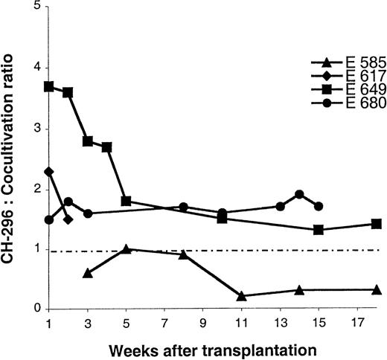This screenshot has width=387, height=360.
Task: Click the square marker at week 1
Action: (x=49, y=86)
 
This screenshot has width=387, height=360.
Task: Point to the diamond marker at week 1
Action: (x=49, y=172)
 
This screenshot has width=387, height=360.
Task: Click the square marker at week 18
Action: (x=377, y=223)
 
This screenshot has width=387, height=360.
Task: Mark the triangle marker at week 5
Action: (x=127, y=248)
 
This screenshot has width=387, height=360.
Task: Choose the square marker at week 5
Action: (x=127, y=201)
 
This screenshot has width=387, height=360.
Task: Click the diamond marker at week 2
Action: (x=68, y=219)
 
